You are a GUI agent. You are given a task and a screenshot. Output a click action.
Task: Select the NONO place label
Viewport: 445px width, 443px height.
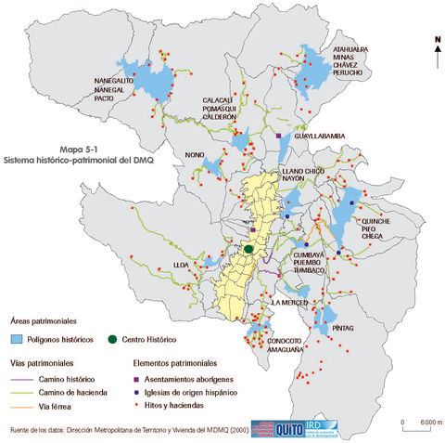pos(195,156)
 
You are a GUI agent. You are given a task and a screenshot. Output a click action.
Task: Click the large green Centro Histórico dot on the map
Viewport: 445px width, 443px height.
pos(248,249)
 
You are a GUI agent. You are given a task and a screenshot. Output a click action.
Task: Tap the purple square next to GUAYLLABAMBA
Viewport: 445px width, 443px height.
pos(278,137)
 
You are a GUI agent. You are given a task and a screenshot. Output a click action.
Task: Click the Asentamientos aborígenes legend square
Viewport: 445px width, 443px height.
pos(137,380)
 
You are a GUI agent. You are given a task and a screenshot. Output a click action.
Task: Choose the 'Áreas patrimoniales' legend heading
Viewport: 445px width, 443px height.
pos(38,319)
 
